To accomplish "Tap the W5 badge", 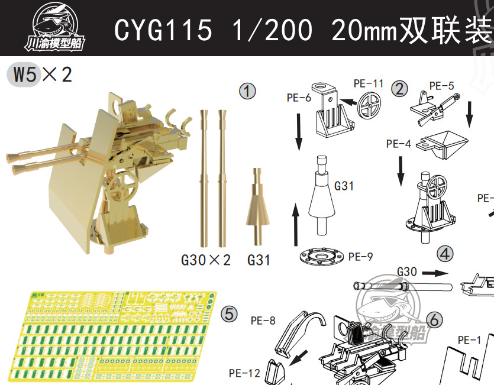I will (x=24, y=75).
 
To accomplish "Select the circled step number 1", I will (x=247, y=91).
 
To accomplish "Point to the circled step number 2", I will (x=400, y=89).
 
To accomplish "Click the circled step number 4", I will (x=445, y=254).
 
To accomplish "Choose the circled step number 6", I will (x=434, y=320).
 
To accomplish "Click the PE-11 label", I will (x=369, y=83).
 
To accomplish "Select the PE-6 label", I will (x=299, y=98).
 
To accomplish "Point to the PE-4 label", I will (x=398, y=144).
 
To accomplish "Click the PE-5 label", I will (x=441, y=86).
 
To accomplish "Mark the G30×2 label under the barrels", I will (x=205, y=260).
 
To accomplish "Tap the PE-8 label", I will (x=263, y=321).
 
